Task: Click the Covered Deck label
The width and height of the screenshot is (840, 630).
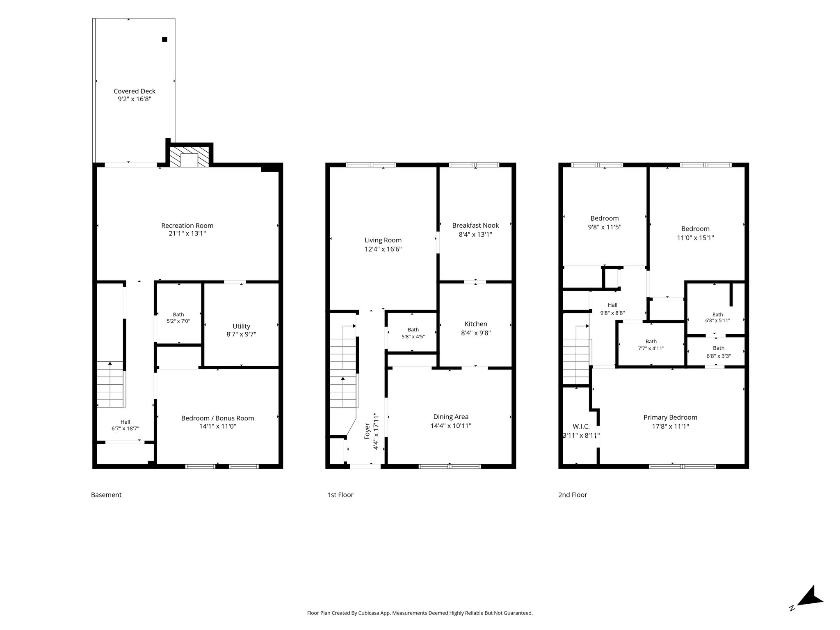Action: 135,91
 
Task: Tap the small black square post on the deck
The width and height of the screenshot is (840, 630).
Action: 164,39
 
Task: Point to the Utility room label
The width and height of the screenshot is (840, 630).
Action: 241,326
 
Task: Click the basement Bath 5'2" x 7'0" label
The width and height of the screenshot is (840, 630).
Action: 178,318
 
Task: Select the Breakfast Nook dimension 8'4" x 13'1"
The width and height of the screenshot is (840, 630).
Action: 475,235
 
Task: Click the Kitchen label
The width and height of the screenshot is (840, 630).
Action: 476,324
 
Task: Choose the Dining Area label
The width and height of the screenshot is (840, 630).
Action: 451,417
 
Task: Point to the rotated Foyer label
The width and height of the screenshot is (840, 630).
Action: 367,431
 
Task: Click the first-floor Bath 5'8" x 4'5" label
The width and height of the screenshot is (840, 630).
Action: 413,333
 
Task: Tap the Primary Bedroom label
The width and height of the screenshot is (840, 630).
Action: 670,418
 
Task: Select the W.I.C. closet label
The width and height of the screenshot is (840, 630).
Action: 581,427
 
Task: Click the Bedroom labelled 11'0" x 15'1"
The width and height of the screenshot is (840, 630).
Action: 695,233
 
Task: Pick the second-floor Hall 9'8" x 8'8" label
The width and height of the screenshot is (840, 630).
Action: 612,309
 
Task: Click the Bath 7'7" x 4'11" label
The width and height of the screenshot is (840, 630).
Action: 651,345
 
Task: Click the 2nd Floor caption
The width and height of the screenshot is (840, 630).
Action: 573,495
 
